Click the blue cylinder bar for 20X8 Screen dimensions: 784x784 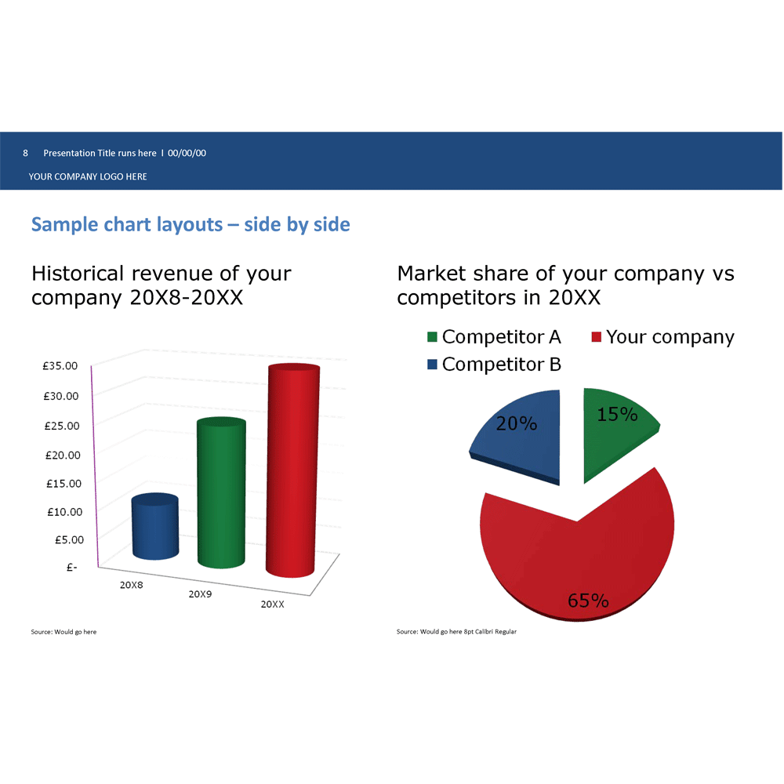pos(155,526)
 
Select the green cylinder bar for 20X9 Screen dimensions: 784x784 pos(221,492)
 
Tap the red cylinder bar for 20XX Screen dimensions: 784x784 pos(292,470)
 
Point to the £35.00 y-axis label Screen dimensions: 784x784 pos(60,365)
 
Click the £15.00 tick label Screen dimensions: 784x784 pos(64,484)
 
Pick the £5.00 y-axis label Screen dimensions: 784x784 pos(69,539)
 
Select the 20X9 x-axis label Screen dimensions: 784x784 pos(200,594)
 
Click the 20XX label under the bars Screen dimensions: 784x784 pos(273,604)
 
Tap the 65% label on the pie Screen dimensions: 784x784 pos(588,600)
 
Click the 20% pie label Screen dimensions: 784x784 pos(517,423)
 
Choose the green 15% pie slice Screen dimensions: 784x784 pos(618,433)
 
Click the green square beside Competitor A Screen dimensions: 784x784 pos(433,336)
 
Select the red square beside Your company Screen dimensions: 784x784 pos(596,336)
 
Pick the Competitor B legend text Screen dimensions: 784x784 pos(502,364)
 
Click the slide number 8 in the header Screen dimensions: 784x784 pos(26,153)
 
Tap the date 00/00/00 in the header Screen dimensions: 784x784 pos(187,153)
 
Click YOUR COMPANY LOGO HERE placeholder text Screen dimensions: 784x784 pos(88,176)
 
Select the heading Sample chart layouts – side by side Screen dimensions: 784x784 pos(191,224)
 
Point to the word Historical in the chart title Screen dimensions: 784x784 pos(78,273)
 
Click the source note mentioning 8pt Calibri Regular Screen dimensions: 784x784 pos(456,631)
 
